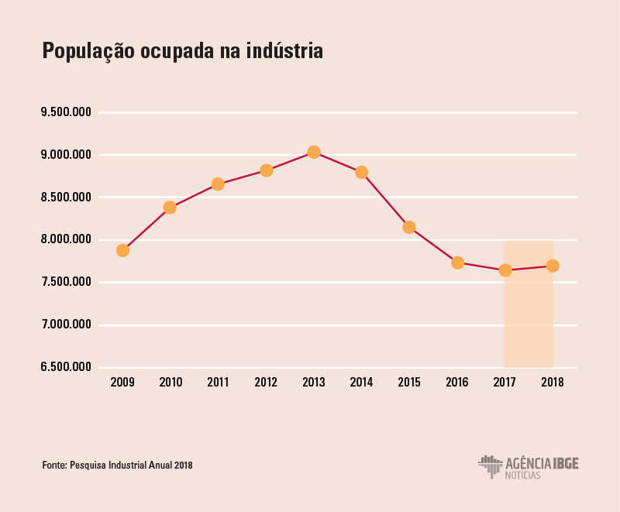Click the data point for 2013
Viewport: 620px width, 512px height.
click(x=314, y=152)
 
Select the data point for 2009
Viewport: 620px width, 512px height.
click(x=122, y=250)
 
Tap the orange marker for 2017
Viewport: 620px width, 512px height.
click(x=505, y=270)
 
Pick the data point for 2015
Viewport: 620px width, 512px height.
click(x=409, y=227)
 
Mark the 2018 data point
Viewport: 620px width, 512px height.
click(x=553, y=266)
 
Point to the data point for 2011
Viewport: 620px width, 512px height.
click(x=218, y=184)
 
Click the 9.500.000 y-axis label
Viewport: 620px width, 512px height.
click(x=67, y=112)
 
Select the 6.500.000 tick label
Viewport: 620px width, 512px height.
click(x=67, y=367)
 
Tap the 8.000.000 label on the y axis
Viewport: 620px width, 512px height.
click(x=67, y=240)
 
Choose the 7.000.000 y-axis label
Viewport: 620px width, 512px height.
click(x=67, y=325)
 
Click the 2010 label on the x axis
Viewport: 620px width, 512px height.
click(x=170, y=383)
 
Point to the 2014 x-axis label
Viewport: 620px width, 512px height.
click(x=361, y=383)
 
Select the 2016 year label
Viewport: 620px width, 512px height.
click(x=457, y=383)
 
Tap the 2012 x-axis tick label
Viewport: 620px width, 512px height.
click(x=266, y=383)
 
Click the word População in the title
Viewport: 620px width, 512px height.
click(x=87, y=52)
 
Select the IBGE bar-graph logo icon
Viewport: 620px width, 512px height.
click(x=490, y=466)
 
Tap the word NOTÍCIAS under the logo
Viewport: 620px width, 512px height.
click(x=523, y=475)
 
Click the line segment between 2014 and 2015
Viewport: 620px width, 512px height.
click(x=385, y=200)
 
